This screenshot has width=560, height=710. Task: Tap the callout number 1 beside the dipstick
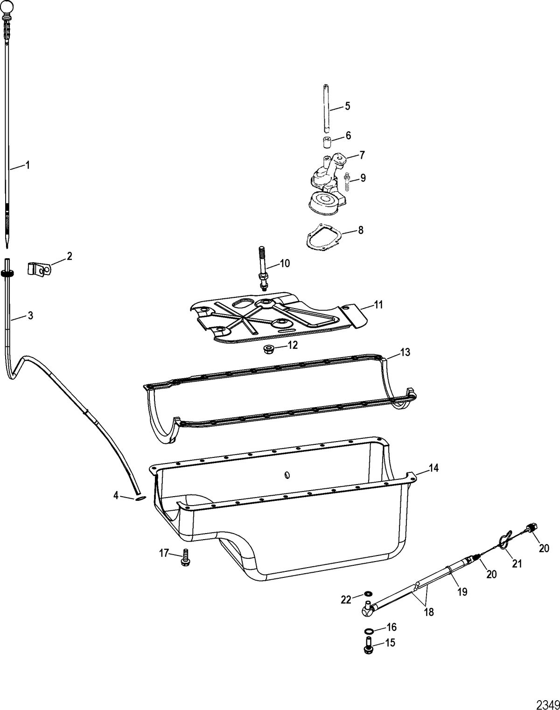(28, 165)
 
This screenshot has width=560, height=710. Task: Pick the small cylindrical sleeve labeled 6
(327, 144)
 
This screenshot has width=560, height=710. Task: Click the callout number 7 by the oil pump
(362, 155)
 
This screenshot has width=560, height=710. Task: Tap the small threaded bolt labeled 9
(347, 182)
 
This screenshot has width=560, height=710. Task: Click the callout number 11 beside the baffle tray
(378, 305)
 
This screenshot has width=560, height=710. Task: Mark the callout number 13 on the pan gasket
(406, 352)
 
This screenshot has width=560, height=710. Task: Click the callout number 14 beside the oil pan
(434, 468)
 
